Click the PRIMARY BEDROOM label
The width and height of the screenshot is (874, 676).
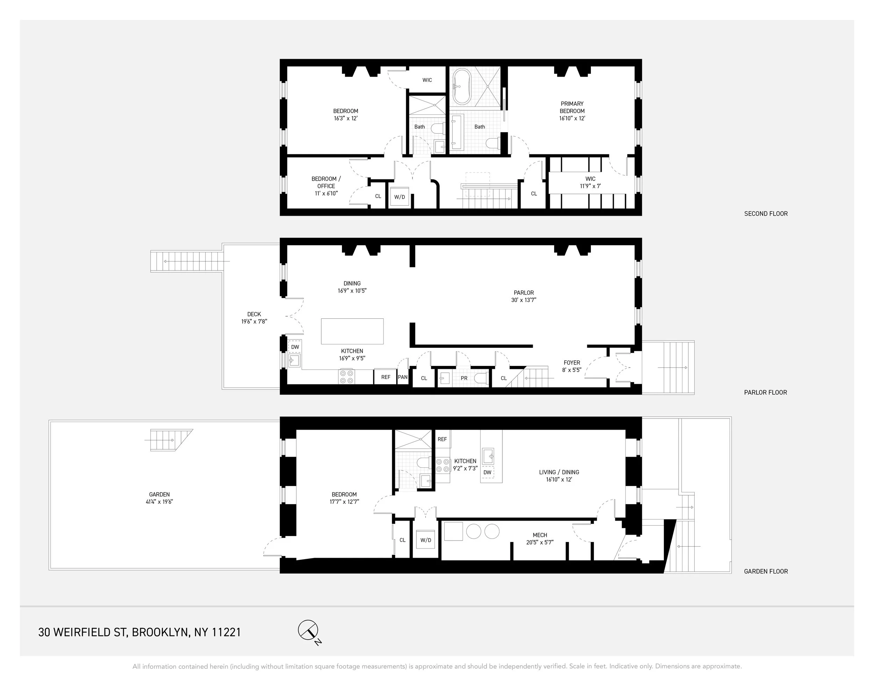572,107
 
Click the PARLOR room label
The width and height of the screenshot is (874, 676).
523,293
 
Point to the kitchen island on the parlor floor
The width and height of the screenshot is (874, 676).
352,331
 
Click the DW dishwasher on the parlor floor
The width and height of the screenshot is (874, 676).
295,347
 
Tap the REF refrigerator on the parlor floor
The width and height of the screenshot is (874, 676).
385,377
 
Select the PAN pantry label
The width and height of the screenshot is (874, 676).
403,377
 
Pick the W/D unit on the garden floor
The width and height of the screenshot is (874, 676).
426,540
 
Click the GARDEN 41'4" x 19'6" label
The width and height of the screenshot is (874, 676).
159,498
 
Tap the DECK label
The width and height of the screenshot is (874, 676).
254,314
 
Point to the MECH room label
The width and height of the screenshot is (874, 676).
540,535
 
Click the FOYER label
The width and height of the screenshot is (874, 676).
572,363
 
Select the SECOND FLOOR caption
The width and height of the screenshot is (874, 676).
766,214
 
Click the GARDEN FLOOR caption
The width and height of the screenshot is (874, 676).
766,571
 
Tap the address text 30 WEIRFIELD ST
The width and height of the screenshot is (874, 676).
83,632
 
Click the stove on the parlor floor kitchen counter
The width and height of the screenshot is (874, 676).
346,376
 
